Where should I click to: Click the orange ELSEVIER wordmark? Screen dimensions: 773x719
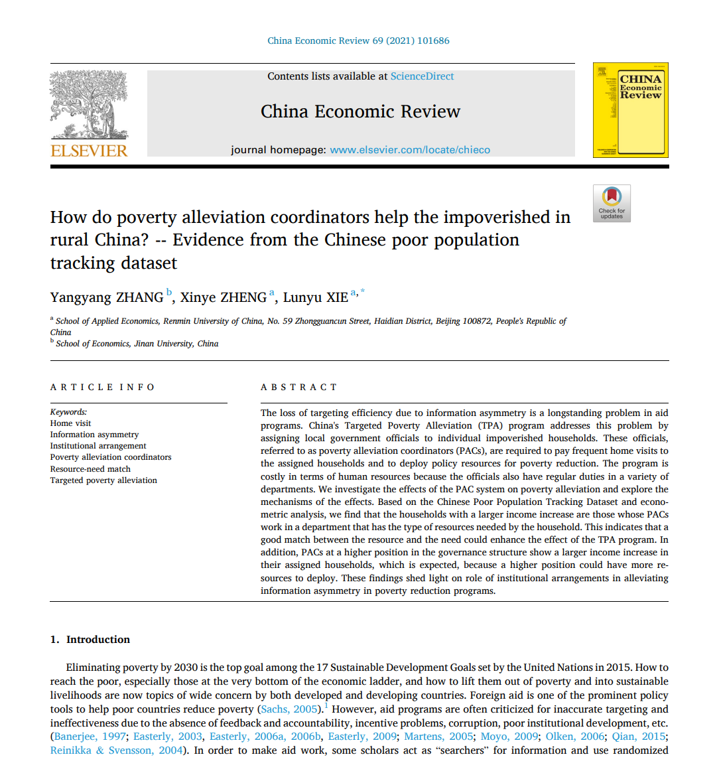coord(89,151)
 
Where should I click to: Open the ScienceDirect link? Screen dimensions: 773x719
coord(422,76)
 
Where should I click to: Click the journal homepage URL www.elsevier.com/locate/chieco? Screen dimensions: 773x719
coord(410,150)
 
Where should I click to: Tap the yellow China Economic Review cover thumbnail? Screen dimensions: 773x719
coord(630,110)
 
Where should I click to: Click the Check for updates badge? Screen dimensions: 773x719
coord(612,203)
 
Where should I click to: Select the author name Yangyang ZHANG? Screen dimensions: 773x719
coord(107,297)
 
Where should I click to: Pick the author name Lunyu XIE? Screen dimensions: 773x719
coord(315,297)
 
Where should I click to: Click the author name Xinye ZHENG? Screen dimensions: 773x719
coord(223,297)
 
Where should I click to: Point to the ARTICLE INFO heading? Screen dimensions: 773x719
coord(103,387)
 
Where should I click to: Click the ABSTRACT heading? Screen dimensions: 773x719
coord(299,387)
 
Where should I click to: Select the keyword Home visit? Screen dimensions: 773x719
coord(70,423)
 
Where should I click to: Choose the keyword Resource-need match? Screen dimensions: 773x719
coord(90,468)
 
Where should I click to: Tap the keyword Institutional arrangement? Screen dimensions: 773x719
coord(98,446)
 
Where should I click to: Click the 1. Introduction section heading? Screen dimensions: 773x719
coord(90,640)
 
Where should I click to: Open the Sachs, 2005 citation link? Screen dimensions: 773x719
coord(289,709)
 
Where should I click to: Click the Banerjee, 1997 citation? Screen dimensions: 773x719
coord(90,737)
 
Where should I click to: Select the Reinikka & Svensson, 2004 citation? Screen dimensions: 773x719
coord(116,750)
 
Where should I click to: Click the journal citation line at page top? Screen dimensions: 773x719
coord(358,40)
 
